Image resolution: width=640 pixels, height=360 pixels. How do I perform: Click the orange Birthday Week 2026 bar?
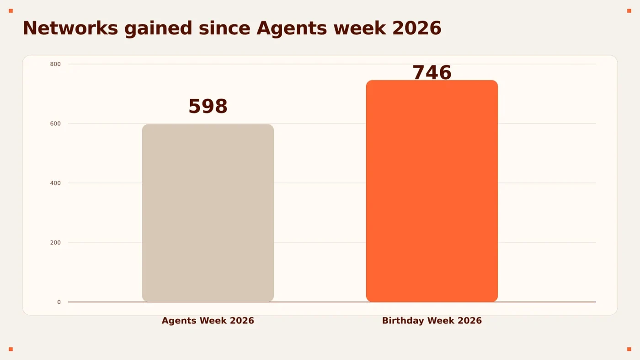point(432,191)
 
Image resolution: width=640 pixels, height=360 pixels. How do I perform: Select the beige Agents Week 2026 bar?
point(208,213)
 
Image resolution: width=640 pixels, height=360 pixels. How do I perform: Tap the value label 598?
point(208,106)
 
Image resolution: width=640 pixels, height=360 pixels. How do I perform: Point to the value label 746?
point(432,72)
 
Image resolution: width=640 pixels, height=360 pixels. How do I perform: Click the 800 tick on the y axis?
point(55,64)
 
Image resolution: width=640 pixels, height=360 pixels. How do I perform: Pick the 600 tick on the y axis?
point(55,124)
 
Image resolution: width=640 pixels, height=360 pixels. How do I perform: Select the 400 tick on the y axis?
point(55,183)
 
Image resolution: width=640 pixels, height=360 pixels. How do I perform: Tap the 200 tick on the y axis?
point(55,242)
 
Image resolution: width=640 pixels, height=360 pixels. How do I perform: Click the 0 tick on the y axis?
point(59,302)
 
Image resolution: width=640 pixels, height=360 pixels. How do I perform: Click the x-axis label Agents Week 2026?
point(208,321)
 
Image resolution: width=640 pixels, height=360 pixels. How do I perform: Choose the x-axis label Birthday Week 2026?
point(432,321)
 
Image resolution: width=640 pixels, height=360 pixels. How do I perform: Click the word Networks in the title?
point(70,28)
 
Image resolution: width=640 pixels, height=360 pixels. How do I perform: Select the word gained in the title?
point(158,29)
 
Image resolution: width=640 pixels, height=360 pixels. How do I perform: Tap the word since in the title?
point(224,28)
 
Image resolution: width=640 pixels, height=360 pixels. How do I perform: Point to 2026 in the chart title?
point(417,28)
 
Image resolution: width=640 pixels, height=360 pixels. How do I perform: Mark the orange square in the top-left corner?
point(11,11)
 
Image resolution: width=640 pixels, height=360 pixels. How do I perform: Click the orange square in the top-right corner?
point(629,11)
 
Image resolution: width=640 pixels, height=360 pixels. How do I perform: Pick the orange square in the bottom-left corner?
point(11,349)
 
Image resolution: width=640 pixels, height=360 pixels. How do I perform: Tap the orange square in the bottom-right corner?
point(629,349)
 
